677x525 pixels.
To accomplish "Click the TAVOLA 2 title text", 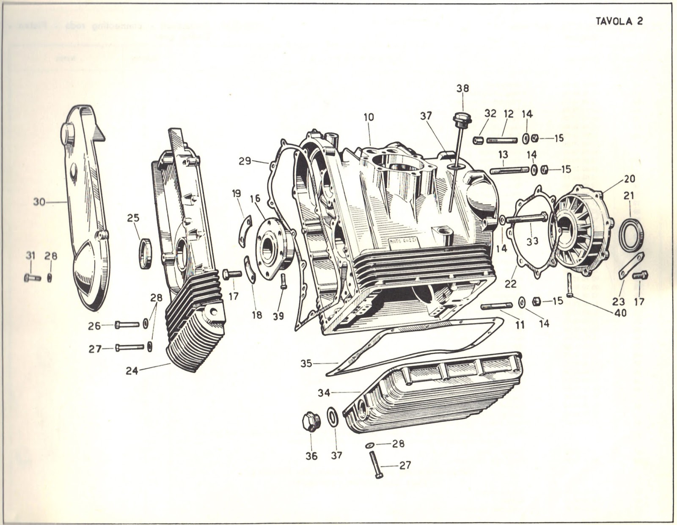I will (x=619, y=21).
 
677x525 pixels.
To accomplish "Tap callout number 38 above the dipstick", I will (x=462, y=88).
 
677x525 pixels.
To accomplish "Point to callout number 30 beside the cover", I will (x=39, y=202).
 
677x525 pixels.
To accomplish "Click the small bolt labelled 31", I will (x=32, y=278).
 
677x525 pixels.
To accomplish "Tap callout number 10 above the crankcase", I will (x=369, y=117).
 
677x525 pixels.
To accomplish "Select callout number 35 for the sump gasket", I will (x=307, y=363).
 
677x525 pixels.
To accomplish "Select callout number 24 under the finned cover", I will (x=132, y=371).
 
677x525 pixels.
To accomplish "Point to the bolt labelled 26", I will (x=127, y=324).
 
